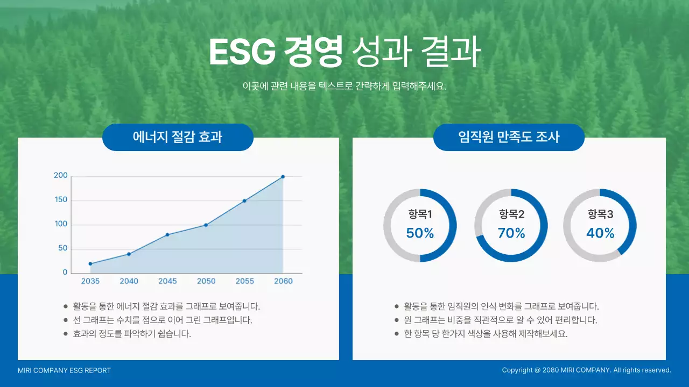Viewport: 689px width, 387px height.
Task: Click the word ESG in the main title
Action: [x=241, y=52]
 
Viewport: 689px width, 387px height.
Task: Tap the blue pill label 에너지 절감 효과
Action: [x=178, y=137]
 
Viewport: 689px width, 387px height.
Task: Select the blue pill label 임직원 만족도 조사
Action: [x=509, y=137]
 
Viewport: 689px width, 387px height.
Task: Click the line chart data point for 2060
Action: [x=283, y=176]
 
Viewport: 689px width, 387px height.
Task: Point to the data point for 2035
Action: [x=90, y=263]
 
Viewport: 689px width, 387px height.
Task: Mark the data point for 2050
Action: [x=206, y=225]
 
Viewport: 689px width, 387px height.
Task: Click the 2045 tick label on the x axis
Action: [x=167, y=281]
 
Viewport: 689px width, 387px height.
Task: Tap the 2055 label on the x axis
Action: [x=245, y=281]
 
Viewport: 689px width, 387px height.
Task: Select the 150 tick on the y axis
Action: [x=61, y=200]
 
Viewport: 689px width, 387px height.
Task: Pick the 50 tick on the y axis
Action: [x=63, y=248]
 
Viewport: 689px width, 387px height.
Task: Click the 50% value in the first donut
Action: [x=420, y=233]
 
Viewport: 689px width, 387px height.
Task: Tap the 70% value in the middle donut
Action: [x=511, y=233]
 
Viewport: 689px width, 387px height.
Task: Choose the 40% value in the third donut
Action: [x=600, y=233]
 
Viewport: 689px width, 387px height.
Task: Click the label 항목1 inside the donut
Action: [x=420, y=215]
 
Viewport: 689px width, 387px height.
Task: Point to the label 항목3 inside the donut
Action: [x=600, y=215]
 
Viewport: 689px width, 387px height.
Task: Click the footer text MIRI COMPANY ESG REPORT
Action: [x=64, y=370]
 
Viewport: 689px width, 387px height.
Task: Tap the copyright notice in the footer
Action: [x=586, y=370]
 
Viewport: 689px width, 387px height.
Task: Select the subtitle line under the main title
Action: [x=344, y=86]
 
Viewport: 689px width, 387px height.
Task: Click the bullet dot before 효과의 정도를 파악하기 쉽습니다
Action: [x=65, y=334]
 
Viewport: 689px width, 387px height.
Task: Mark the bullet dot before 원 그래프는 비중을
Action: [x=397, y=320]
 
